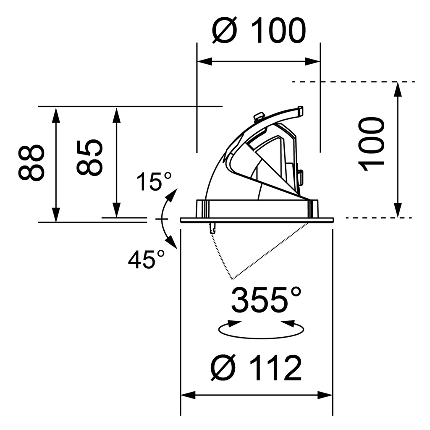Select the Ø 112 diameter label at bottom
click(256, 368)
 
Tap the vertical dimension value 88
click(31, 163)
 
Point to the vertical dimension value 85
click(89, 157)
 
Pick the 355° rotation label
click(266, 299)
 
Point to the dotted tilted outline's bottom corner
click(232, 279)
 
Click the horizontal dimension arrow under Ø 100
click(258, 62)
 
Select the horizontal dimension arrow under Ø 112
click(256, 395)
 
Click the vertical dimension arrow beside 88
click(55, 164)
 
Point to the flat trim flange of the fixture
click(257, 220)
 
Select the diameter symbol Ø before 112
click(223, 368)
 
